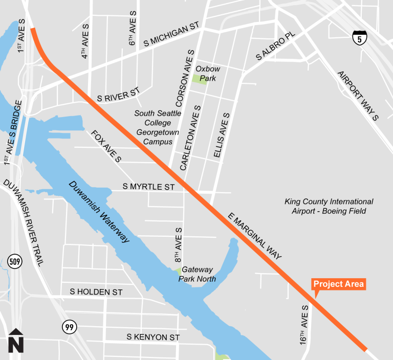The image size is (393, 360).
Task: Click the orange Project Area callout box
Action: (339, 284)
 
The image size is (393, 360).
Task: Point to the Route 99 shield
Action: (69, 326)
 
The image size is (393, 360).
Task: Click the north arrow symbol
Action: (16, 341)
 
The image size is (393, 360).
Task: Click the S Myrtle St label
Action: (149, 188)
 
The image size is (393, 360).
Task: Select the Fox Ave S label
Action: (106, 146)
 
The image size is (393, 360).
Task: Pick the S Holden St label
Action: (96, 292)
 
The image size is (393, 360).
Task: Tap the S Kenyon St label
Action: (154, 337)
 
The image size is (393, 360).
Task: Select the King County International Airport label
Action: (329, 206)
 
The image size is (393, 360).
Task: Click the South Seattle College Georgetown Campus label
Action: (158, 127)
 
